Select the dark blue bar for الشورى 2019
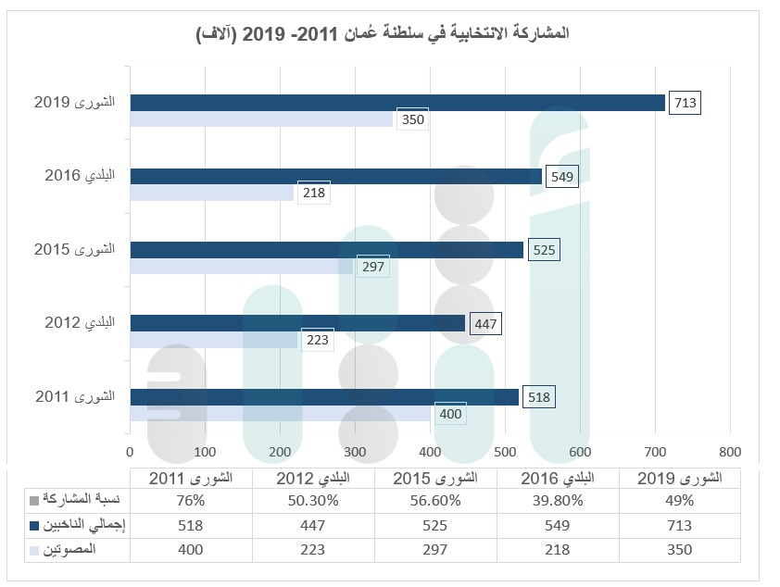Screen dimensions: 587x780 point(397,103)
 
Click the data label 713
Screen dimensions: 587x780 point(686,103)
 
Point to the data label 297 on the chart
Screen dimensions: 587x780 point(372,267)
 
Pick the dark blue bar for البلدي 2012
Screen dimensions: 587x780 point(297,323)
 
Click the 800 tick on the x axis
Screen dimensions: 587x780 point(730,452)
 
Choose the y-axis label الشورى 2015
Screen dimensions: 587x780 point(74,250)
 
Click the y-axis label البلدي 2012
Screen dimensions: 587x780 point(80,323)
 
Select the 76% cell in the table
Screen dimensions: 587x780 point(191,501)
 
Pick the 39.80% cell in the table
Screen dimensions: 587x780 point(558,501)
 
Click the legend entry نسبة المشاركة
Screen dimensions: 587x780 point(80,501)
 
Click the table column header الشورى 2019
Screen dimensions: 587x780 point(680,478)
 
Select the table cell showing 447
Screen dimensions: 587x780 point(313,525)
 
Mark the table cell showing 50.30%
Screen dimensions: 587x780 point(313,501)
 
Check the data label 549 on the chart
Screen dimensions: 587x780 point(562,176)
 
